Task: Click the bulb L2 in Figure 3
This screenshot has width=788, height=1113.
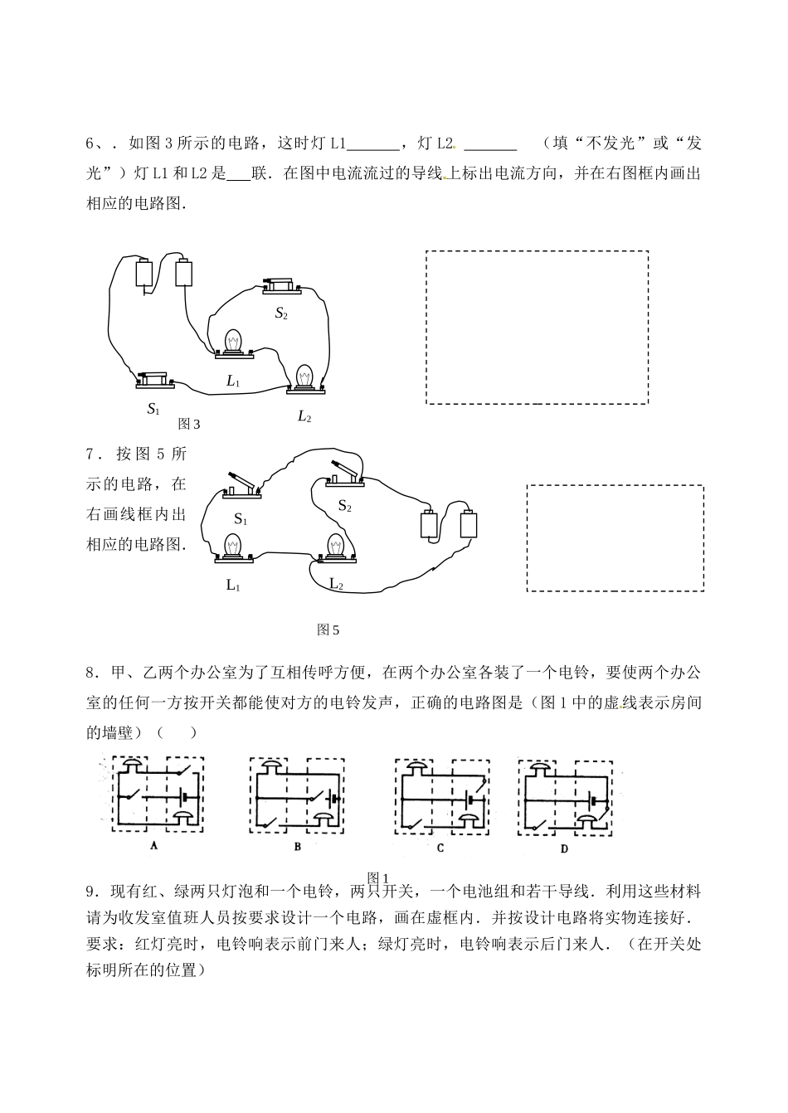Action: click(x=305, y=377)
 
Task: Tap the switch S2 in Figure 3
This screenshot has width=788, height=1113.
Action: click(x=281, y=284)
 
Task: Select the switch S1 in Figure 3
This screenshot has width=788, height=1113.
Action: click(x=155, y=380)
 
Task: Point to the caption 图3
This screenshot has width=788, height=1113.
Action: click(x=189, y=424)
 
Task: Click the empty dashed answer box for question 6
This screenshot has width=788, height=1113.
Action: click(x=537, y=327)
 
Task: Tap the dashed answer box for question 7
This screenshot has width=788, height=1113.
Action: click(x=615, y=538)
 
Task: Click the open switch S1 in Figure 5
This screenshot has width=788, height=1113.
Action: click(x=241, y=487)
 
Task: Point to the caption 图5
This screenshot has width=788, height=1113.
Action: click(x=328, y=629)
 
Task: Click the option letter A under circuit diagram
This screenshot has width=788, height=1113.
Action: click(x=153, y=846)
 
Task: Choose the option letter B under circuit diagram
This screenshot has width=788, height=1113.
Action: click(x=297, y=847)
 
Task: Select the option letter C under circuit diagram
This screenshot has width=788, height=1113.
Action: click(x=440, y=848)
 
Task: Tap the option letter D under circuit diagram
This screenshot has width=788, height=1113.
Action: click(x=564, y=848)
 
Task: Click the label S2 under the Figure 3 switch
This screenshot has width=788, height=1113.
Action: click(x=281, y=313)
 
